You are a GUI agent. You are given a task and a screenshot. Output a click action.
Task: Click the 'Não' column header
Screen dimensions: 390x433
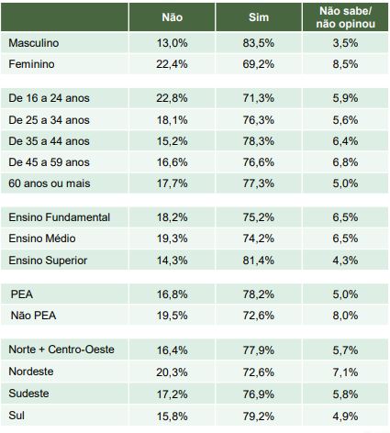pyautogui.click(x=173, y=17)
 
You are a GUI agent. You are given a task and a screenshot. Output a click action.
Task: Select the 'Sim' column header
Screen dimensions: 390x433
pyautogui.click(x=259, y=17)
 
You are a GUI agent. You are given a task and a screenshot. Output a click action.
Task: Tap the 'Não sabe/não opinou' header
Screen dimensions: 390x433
pyautogui.click(x=346, y=17)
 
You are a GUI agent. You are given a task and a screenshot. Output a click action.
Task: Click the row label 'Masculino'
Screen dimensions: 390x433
pyautogui.click(x=34, y=43)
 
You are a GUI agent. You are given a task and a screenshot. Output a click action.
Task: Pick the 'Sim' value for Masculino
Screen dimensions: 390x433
pyautogui.click(x=259, y=43)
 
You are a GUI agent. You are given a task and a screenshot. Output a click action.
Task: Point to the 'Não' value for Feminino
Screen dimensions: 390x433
pyautogui.click(x=172, y=64)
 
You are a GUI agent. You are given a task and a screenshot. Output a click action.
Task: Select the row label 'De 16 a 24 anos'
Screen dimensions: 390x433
pyautogui.click(x=49, y=98)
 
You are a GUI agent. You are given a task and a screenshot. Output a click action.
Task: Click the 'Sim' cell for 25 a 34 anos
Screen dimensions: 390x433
pyautogui.click(x=259, y=120)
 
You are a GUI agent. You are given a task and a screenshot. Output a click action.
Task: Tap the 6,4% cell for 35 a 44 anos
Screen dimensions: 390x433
pyautogui.click(x=345, y=141)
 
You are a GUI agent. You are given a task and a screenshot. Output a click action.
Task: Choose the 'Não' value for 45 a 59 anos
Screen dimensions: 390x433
pyautogui.click(x=172, y=162)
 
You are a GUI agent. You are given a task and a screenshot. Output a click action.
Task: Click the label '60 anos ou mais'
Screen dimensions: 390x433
pyautogui.click(x=50, y=183)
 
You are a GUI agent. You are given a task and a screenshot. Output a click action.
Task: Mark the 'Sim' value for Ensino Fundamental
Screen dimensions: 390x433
pyautogui.click(x=259, y=217)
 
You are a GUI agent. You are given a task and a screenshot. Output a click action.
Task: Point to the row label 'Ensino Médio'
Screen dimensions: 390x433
pyautogui.click(x=42, y=239)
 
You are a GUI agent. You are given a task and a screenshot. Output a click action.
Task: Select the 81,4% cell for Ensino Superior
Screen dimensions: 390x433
pyautogui.click(x=259, y=261)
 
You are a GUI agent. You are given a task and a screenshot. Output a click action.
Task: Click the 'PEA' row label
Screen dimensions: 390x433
pyautogui.click(x=22, y=294)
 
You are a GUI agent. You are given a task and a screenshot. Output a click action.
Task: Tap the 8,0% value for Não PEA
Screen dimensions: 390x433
pyautogui.click(x=345, y=316)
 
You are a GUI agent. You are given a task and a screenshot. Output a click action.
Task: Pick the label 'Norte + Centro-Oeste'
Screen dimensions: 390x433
pyautogui.click(x=61, y=350)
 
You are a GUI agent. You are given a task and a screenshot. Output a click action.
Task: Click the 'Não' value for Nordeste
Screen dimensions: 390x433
pyautogui.click(x=172, y=372)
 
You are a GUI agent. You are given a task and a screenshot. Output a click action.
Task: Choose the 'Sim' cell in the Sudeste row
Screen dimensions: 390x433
pyautogui.click(x=259, y=394)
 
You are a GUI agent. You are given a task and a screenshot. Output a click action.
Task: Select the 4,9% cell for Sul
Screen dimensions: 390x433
pyautogui.click(x=345, y=416)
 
